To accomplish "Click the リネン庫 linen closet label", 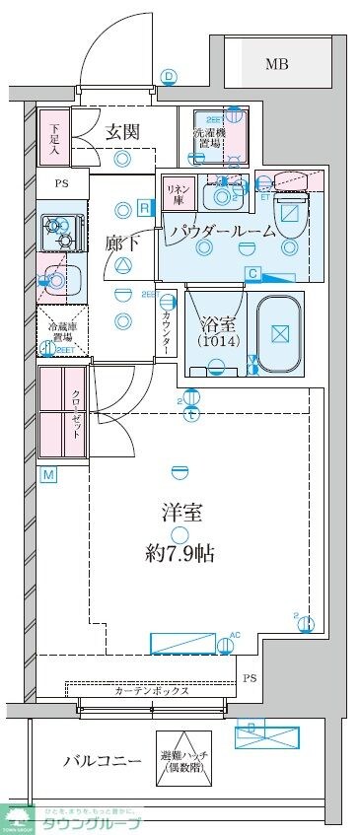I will tap(177, 193).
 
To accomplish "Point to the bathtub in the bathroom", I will tap(284, 334).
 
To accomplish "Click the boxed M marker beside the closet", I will tap(47, 475).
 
